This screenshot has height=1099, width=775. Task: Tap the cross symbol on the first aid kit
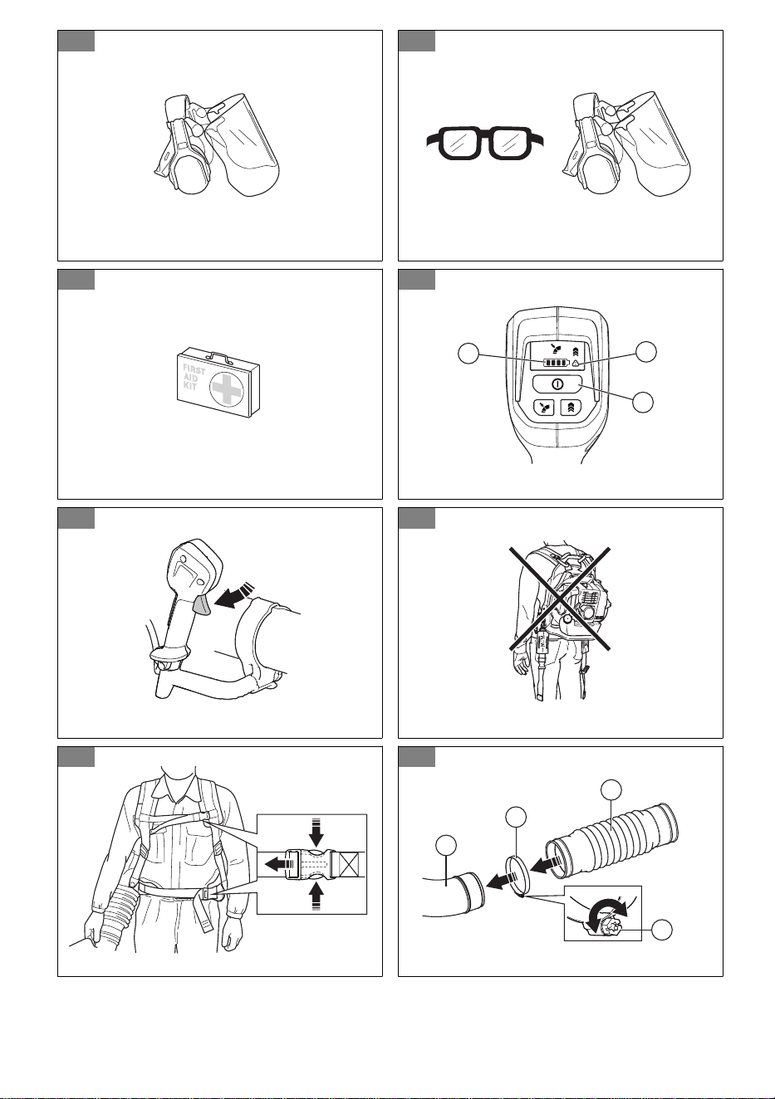tap(227, 387)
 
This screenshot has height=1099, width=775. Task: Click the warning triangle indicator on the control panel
tap(576, 364)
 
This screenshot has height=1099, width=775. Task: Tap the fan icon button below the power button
tap(545, 407)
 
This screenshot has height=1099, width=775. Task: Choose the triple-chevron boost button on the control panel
tap(571, 407)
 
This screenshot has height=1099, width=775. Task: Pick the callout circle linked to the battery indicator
tap(468, 354)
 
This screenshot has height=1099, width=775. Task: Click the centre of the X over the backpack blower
tap(560, 599)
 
